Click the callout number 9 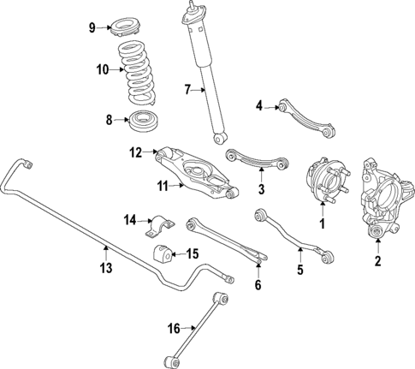(x=92, y=28)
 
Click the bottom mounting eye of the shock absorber (x=222, y=138)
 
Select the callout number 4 (x=258, y=105)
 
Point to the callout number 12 (x=134, y=152)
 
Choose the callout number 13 (x=106, y=268)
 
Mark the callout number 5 (x=300, y=271)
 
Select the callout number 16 (x=175, y=327)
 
